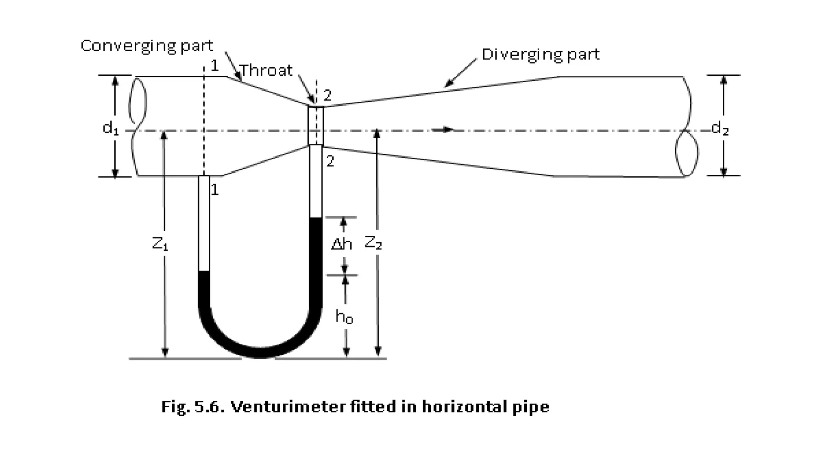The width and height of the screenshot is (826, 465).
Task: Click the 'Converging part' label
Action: pyautogui.click(x=147, y=46)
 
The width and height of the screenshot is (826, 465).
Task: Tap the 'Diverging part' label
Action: pyautogui.click(x=540, y=54)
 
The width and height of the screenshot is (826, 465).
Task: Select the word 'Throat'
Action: pyautogui.click(x=266, y=71)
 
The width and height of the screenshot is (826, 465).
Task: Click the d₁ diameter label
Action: pyautogui.click(x=111, y=128)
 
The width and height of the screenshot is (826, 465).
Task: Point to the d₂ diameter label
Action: pyautogui.click(x=720, y=128)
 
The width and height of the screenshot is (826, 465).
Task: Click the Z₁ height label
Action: pyautogui.click(x=160, y=243)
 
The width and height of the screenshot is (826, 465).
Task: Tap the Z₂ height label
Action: pyautogui.click(x=373, y=243)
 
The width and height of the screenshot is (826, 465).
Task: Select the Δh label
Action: pyautogui.click(x=341, y=244)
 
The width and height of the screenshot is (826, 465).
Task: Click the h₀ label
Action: pyautogui.click(x=344, y=317)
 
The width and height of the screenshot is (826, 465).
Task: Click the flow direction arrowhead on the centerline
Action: pyautogui.click(x=448, y=130)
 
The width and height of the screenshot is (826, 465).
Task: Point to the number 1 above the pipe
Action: pyautogui.click(x=215, y=66)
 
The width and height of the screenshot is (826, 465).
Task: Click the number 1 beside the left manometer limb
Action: pyautogui.click(x=215, y=190)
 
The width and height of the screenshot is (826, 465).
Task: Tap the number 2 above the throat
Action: pyautogui.click(x=327, y=96)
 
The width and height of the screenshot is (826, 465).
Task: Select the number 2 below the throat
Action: pyautogui.click(x=330, y=161)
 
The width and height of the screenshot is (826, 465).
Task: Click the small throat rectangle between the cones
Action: pyautogui.click(x=316, y=126)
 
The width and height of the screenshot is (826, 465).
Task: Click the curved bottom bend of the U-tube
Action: pyautogui.click(x=260, y=350)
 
